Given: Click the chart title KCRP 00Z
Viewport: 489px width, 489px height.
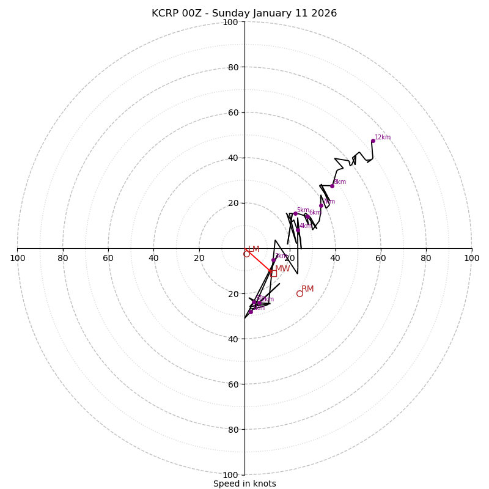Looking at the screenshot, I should tap(244, 13).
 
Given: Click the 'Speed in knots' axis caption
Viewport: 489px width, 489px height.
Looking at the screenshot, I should tap(244, 483).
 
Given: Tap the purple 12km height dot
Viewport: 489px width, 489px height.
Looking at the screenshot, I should tap(373, 141).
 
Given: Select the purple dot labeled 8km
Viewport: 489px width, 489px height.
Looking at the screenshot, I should tap(332, 186).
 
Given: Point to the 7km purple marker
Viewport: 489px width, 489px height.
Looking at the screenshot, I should tap(321, 205).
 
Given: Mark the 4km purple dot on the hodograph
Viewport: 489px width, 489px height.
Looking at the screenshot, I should tap(298, 230).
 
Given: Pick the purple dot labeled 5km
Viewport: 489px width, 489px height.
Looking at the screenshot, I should tap(295, 213).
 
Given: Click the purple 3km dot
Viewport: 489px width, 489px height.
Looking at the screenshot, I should tap(273, 260).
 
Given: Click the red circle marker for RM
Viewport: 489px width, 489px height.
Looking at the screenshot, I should tap(300, 293).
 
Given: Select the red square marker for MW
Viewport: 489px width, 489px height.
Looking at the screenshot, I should tap(273, 273).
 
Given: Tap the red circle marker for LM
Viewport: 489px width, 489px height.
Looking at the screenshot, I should tap(246, 254).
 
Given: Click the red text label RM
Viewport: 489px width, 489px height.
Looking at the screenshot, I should tap(307, 289).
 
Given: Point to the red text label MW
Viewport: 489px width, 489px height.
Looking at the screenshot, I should tap(282, 269).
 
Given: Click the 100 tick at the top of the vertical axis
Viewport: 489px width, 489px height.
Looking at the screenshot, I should tap(230, 22).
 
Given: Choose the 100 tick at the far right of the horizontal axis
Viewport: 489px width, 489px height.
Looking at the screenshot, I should tap(471, 258).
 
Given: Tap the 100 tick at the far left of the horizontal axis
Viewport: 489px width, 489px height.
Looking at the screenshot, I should tap(18, 258).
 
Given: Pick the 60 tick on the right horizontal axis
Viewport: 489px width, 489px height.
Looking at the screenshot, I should tap(381, 258).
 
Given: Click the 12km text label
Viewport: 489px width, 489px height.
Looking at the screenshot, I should tap(383, 138).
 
